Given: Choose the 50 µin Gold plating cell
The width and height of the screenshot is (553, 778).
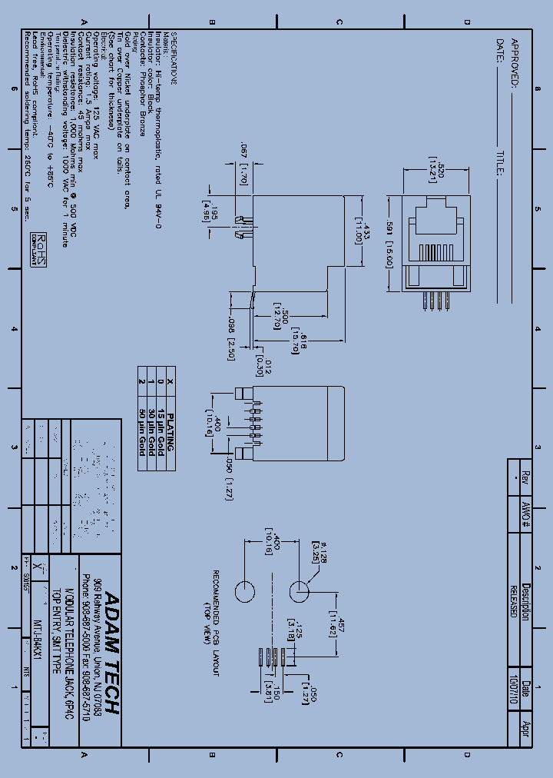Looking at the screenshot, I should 141,427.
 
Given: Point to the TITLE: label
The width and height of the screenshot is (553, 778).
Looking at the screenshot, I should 500,164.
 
